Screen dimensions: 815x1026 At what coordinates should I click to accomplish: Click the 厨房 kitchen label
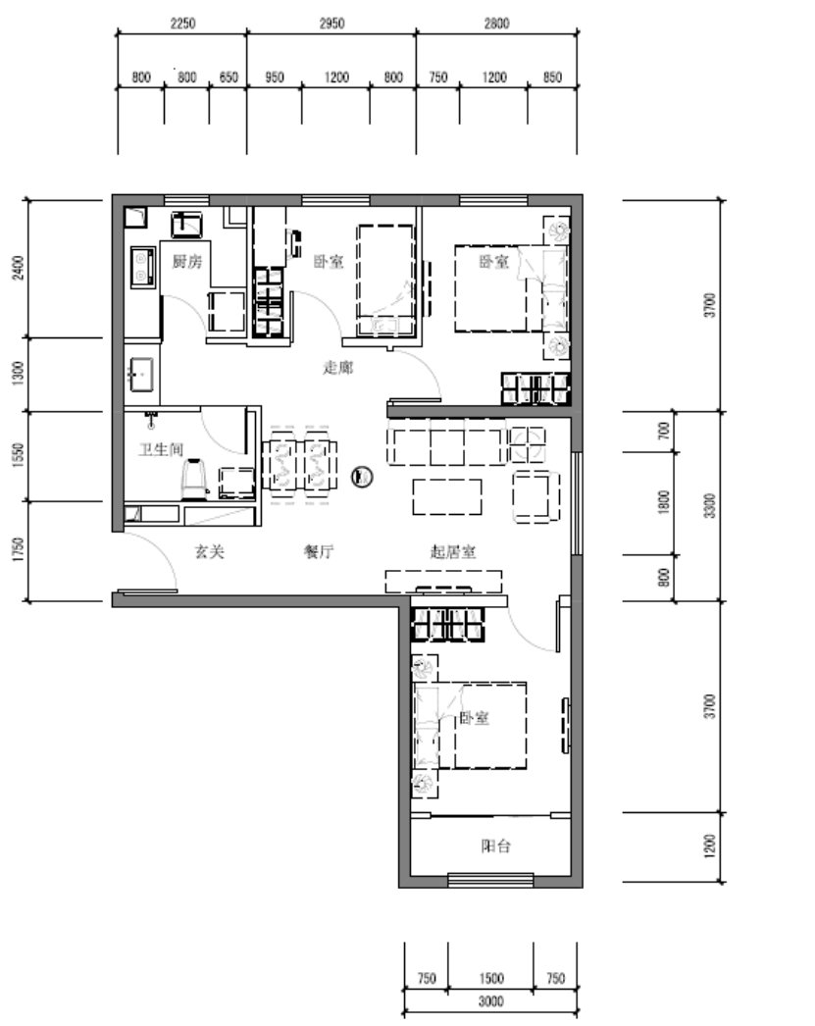[x=187, y=262]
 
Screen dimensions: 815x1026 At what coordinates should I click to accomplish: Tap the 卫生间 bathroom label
[x=161, y=449]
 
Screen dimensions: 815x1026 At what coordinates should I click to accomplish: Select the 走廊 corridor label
[x=337, y=367]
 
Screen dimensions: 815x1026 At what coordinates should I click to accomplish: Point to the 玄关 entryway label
[x=209, y=551]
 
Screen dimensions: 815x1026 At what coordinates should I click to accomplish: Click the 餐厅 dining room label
[x=319, y=551]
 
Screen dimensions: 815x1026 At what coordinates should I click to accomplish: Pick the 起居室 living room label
[x=453, y=551]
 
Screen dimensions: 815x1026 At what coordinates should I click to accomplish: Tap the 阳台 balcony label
[x=495, y=846]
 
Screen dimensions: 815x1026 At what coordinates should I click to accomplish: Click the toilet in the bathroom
[x=194, y=480]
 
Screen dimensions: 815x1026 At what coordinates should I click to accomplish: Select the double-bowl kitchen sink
[x=142, y=267]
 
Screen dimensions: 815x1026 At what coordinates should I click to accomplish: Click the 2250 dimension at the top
[x=182, y=24]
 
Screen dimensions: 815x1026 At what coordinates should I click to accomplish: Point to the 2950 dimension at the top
[x=331, y=24]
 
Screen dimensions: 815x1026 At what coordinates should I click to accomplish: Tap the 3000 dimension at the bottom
[x=490, y=1001]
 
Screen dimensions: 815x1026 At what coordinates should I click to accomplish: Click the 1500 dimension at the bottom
[x=490, y=978]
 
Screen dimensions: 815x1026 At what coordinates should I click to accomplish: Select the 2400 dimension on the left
[x=19, y=267]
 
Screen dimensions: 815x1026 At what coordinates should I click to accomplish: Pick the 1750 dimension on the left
[x=19, y=550]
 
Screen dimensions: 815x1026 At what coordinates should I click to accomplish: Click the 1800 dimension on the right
[x=664, y=502]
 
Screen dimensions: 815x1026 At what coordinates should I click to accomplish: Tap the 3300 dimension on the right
[x=710, y=506]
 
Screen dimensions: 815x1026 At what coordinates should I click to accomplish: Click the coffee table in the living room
[x=447, y=496]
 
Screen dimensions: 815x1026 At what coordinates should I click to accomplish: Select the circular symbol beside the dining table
[x=362, y=477]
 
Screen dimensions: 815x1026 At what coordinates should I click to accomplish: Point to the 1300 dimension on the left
[x=19, y=373]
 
